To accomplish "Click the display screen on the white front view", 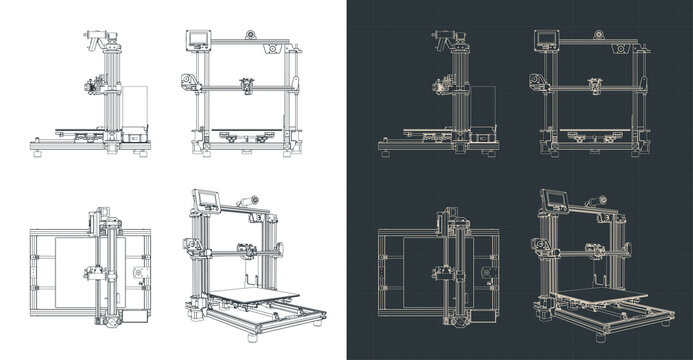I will [x=197, y=40].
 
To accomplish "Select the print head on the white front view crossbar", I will [x=245, y=86].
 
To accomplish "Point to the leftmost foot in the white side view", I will [x=37, y=152].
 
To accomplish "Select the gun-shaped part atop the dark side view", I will [x=442, y=40].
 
